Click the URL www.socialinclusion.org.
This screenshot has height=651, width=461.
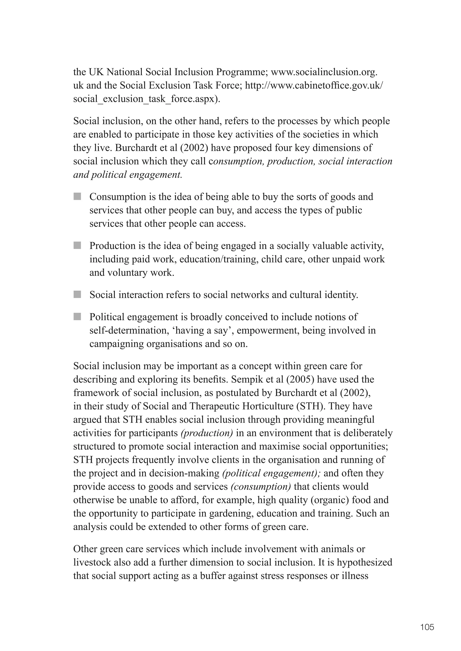tap(324, 72)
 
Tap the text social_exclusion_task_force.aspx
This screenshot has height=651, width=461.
tap(147, 99)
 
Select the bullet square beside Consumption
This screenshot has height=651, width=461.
tap(77, 197)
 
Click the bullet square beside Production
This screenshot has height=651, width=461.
tap(77, 246)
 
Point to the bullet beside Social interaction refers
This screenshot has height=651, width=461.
tap(77, 294)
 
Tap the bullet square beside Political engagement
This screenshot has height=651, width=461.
tap(77, 316)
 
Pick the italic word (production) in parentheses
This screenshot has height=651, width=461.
tap(207, 433)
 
